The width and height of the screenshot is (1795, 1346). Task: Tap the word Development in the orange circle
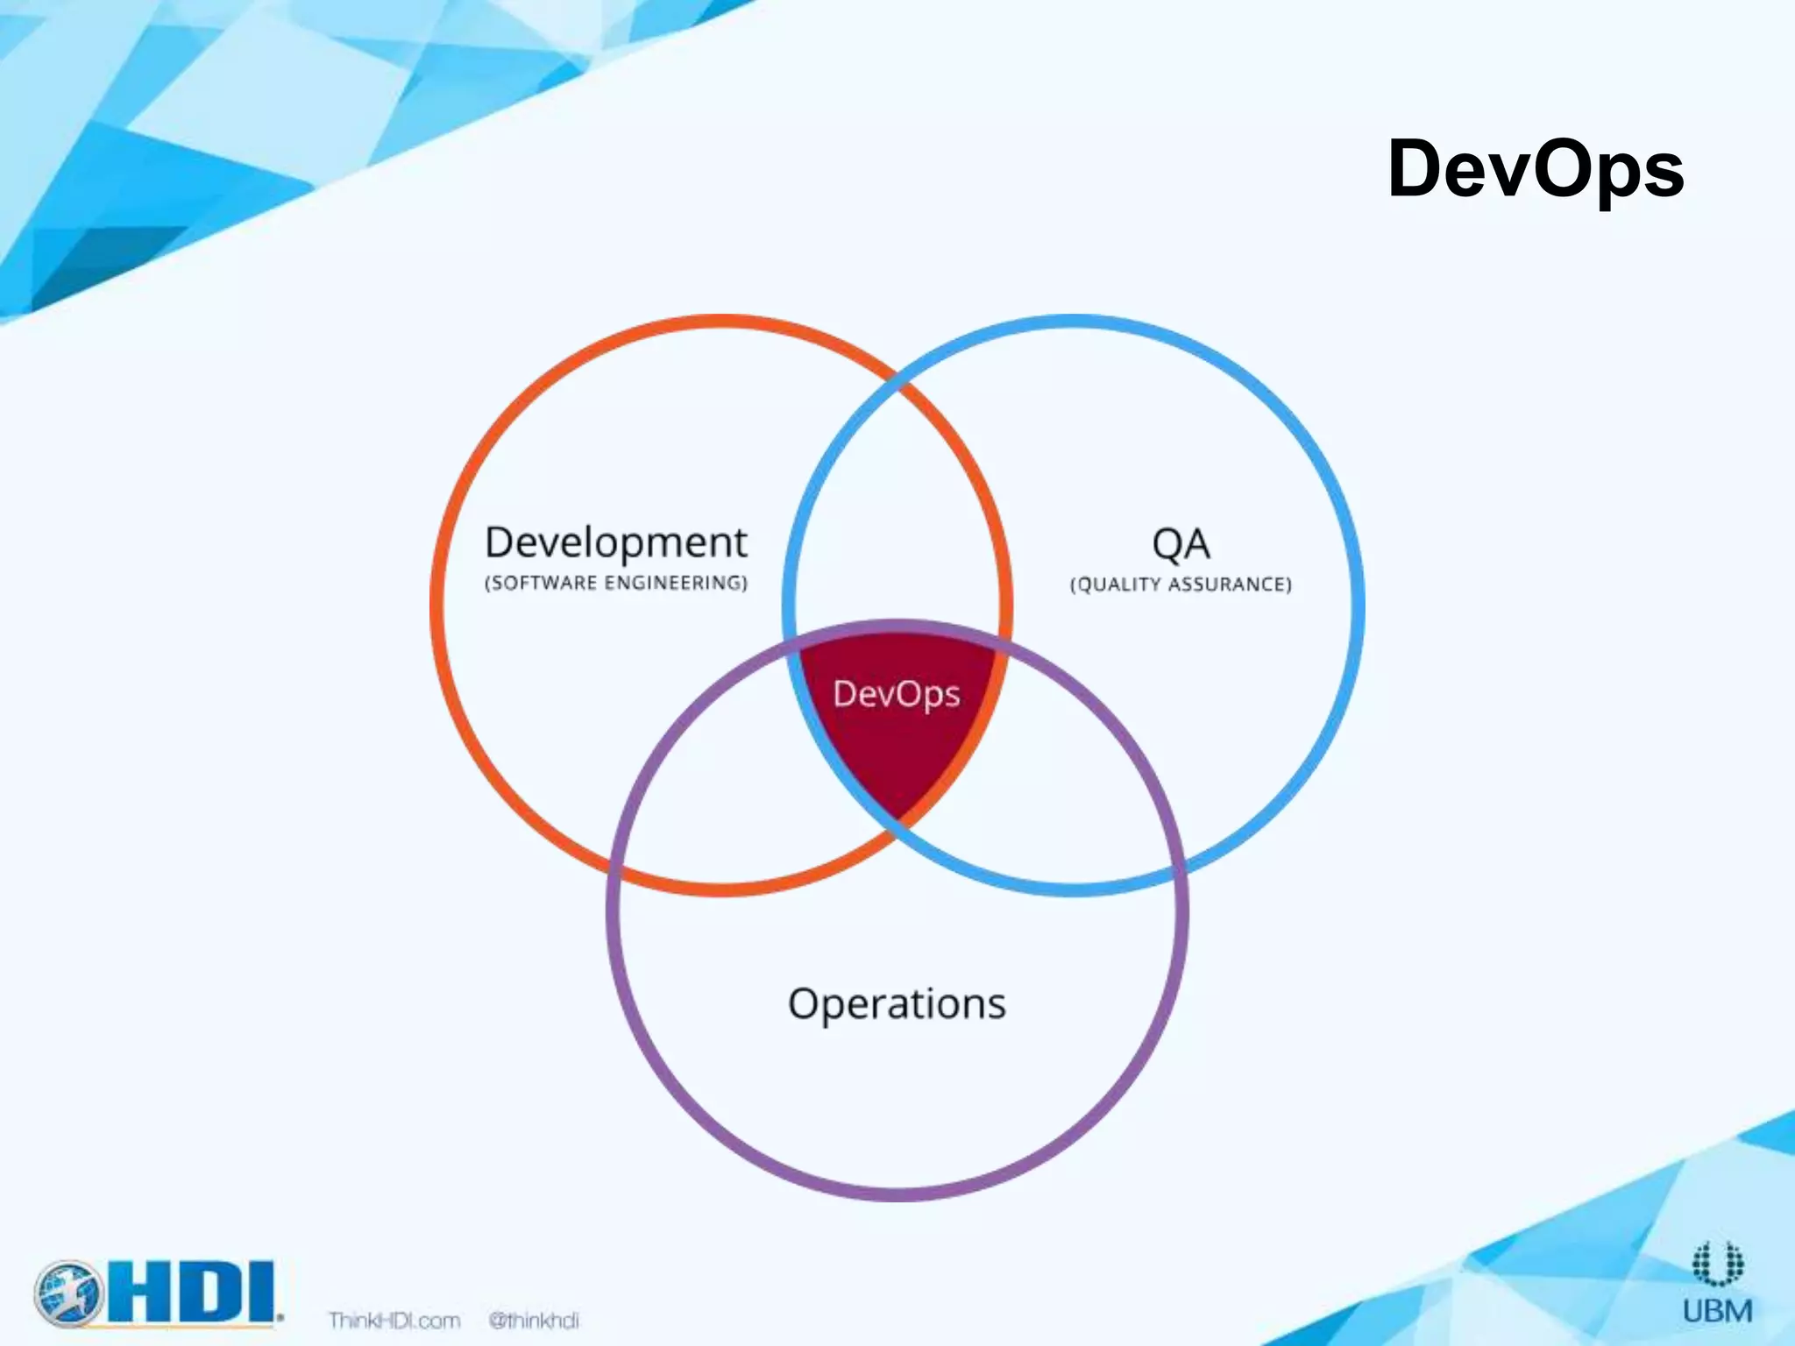coord(616,543)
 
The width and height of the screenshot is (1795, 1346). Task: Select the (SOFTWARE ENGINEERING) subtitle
coord(616,584)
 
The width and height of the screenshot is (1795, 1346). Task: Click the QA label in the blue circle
coord(1181,545)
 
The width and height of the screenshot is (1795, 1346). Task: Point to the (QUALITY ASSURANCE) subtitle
coord(1181,584)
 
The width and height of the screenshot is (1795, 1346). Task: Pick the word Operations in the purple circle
coord(897,1004)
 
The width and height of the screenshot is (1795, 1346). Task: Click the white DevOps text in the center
coord(897,694)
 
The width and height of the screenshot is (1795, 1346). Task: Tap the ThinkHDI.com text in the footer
coord(394,1321)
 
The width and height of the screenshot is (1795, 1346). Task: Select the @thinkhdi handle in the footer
coord(534,1321)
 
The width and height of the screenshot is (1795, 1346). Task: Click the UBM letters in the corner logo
coord(1718,1311)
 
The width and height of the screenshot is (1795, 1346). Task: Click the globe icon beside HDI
coord(68,1293)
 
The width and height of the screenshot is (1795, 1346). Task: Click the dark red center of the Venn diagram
coord(897,745)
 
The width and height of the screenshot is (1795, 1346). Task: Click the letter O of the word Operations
coord(804,1004)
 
